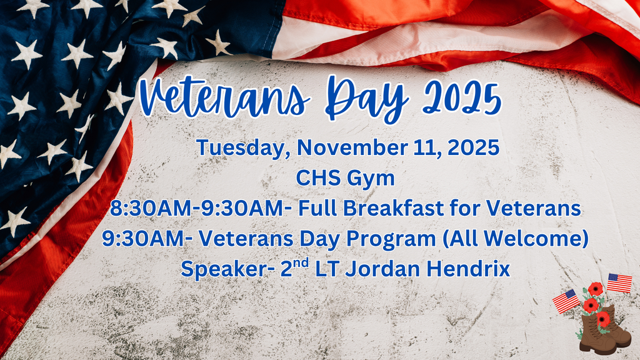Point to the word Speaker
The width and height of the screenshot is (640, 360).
pyautogui.click(x=214, y=269)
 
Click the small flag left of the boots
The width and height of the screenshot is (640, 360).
pyautogui.click(x=566, y=301)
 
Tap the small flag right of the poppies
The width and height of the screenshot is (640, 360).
pyautogui.click(x=619, y=282)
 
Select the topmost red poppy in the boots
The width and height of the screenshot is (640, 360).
pyautogui.click(x=596, y=289)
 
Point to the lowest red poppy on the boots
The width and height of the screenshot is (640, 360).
pyautogui.click(x=602, y=319)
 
